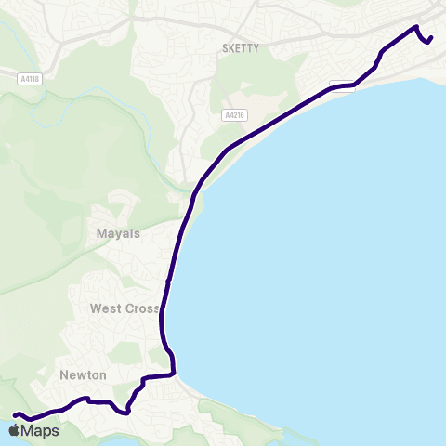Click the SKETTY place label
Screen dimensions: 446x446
click(242, 47)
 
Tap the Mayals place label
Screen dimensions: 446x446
click(118, 233)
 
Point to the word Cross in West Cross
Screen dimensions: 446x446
click(143, 308)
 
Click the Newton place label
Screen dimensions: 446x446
click(83, 374)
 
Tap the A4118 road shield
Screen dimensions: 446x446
click(28, 79)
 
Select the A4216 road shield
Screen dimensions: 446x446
click(233, 115)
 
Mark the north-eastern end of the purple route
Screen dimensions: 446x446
click(432, 37)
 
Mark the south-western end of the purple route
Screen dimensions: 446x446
click(14, 414)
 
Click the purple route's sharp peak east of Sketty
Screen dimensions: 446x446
click(415, 26)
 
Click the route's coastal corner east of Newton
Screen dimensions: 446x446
click(174, 374)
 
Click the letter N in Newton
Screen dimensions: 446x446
click(64, 374)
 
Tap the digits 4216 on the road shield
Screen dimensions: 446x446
click(235, 115)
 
